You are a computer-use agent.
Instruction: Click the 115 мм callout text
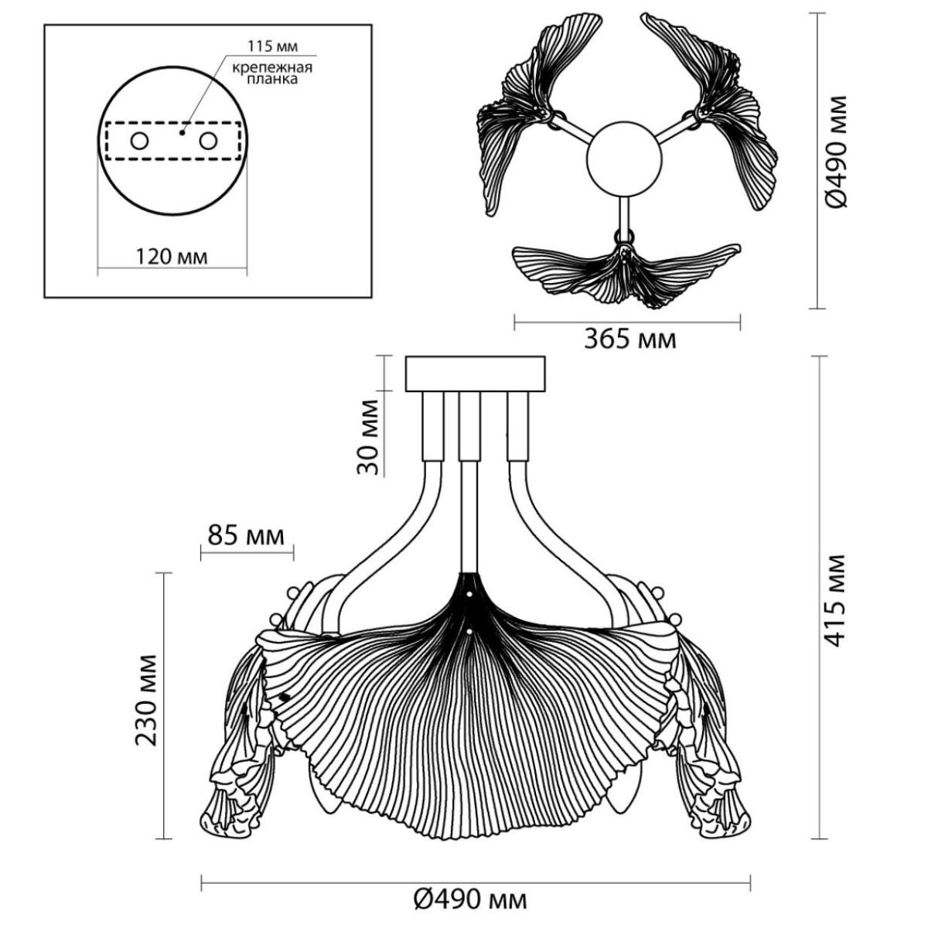[272, 46]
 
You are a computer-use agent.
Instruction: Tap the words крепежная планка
[272, 73]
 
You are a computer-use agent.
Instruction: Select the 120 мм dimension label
[172, 257]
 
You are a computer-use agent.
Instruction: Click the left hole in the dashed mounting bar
[140, 142]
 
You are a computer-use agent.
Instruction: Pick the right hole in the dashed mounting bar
[208, 142]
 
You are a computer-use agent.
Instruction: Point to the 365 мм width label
[630, 339]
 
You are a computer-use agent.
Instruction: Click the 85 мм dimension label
[246, 535]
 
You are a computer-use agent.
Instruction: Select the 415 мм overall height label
[834, 601]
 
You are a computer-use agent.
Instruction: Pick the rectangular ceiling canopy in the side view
[476, 374]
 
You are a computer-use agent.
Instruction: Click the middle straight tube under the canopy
[469, 482]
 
